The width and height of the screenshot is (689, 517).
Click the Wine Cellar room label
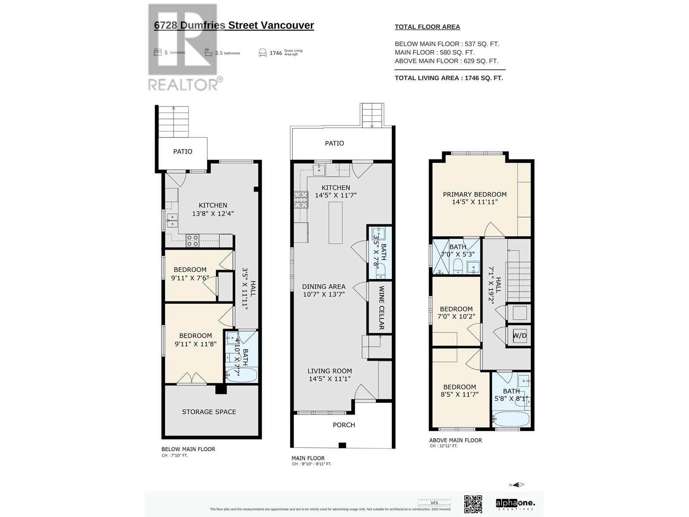coord(381,308)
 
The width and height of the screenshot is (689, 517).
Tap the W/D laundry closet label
coord(520,336)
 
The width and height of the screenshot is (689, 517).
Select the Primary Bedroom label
coord(475,195)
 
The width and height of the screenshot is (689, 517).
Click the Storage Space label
coord(209,412)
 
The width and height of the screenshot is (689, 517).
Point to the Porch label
coord(344,425)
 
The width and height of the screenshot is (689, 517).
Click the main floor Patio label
coord(334,143)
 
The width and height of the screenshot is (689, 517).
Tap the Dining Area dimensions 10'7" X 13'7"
coord(323,294)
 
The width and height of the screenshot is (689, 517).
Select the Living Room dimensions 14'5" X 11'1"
coord(329,379)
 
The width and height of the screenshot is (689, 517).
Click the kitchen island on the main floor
coord(335,222)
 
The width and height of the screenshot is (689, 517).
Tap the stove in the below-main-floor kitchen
coord(192,240)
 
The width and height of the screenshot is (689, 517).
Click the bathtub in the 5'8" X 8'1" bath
coord(511,419)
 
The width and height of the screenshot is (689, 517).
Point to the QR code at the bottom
coord(473,504)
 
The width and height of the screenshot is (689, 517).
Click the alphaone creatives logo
coord(515,504)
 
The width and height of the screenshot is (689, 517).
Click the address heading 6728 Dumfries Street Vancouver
coord(234,25)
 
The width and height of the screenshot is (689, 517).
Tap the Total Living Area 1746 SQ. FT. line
coord(449,78)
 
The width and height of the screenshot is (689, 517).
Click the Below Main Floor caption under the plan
coord(188,449)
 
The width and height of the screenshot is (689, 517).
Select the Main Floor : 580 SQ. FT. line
coord(435,53)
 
